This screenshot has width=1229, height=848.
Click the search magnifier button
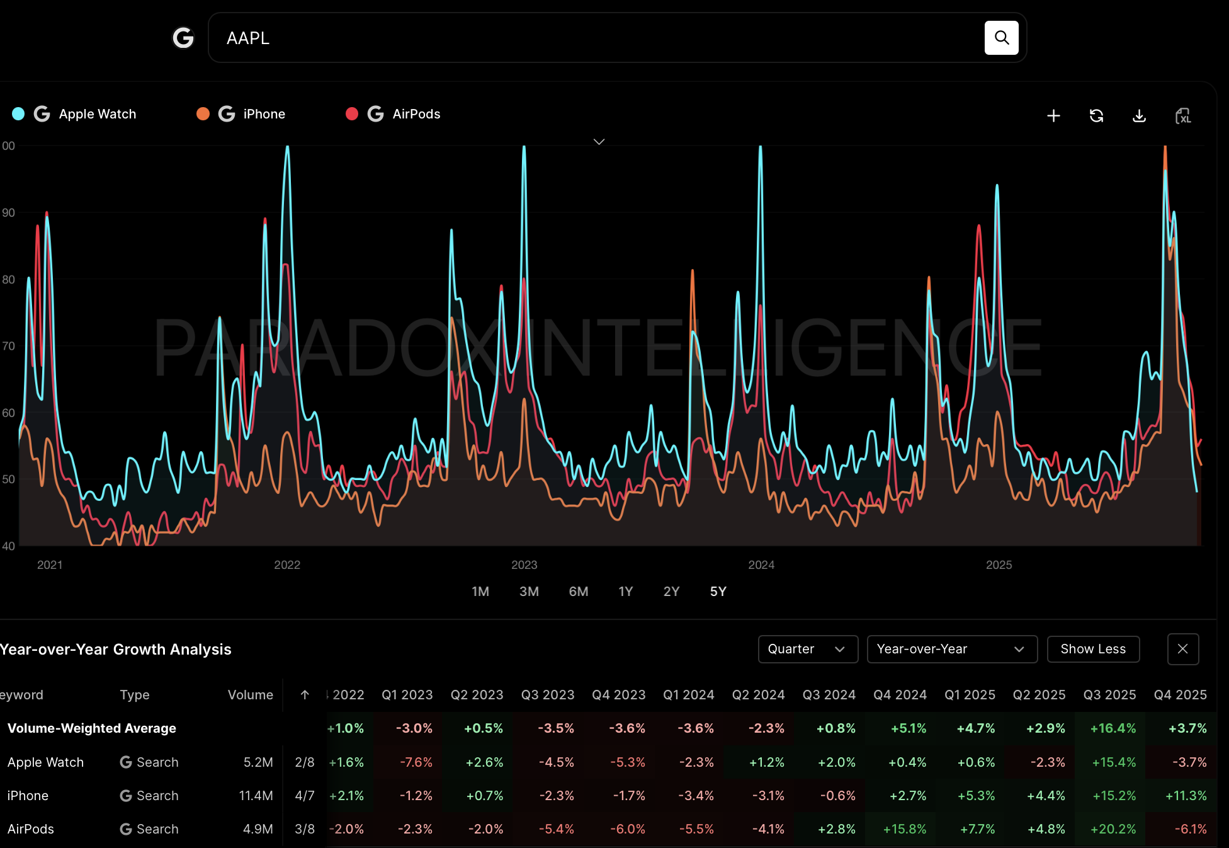pos(1001,38)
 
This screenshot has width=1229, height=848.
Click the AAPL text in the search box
pos(248,38)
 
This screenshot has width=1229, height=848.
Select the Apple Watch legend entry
pos(97,114)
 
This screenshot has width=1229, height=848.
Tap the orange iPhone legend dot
pos(203,113)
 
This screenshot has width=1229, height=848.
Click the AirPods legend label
pos(416,114)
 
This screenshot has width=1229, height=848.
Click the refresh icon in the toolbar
pos(1096,116)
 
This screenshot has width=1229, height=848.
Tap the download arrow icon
pos(1139,116)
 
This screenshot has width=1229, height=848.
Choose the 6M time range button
pos(578,592)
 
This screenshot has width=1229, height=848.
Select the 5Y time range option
pos(718,592)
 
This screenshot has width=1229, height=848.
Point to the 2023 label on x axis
pos(524,564)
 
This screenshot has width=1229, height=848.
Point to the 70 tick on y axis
pos(8,346)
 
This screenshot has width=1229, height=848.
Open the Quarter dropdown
pos(807,649)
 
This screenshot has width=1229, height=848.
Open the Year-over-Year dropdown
pos(951,649)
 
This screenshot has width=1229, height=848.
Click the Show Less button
pos(1092,649)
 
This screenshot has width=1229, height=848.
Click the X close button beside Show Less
pos(1182,649)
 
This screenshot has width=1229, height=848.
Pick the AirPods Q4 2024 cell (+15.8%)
pos(904,829)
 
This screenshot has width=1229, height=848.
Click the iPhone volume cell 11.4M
pos(256,796)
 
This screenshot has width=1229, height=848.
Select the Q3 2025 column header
pos(1109,695)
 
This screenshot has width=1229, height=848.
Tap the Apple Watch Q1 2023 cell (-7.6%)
pos(416,762)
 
